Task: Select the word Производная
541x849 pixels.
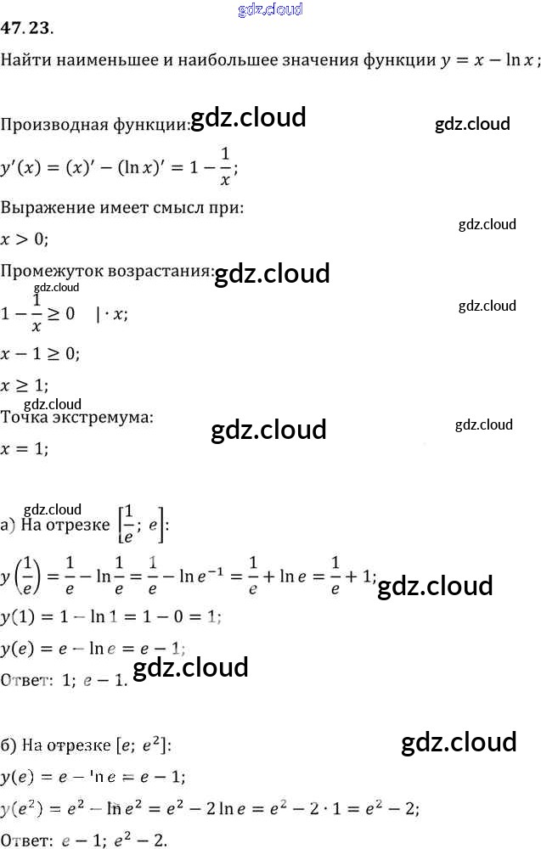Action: [54, 125]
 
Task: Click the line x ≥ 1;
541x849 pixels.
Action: [24, 385]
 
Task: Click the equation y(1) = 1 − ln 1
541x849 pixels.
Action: [110, 616]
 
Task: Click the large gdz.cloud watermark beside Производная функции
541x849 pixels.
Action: [249, 118]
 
